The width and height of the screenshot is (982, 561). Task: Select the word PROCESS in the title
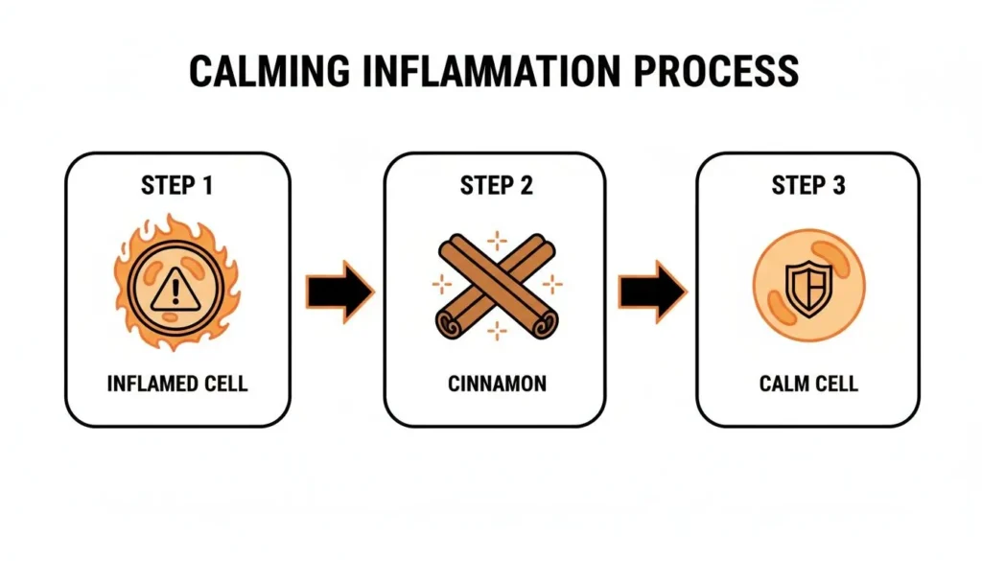click(724, 72)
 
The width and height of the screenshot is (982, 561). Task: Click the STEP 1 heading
click(177, 185)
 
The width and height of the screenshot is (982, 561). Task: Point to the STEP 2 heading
click(496, 185)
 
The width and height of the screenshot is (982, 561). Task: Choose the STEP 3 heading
click(808, 185)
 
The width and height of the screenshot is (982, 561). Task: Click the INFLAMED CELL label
click(177, 385)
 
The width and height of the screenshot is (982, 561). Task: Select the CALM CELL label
click(808, 385)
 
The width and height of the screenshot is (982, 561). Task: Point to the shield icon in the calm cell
click(808, 286)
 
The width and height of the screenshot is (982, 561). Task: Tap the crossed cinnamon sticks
click(496, 285)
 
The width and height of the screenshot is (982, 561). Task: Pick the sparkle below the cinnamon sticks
click(497, 332)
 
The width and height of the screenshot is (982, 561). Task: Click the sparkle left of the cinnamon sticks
click(441, 284)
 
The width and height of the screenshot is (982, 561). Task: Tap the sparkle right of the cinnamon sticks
click(552, 285)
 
